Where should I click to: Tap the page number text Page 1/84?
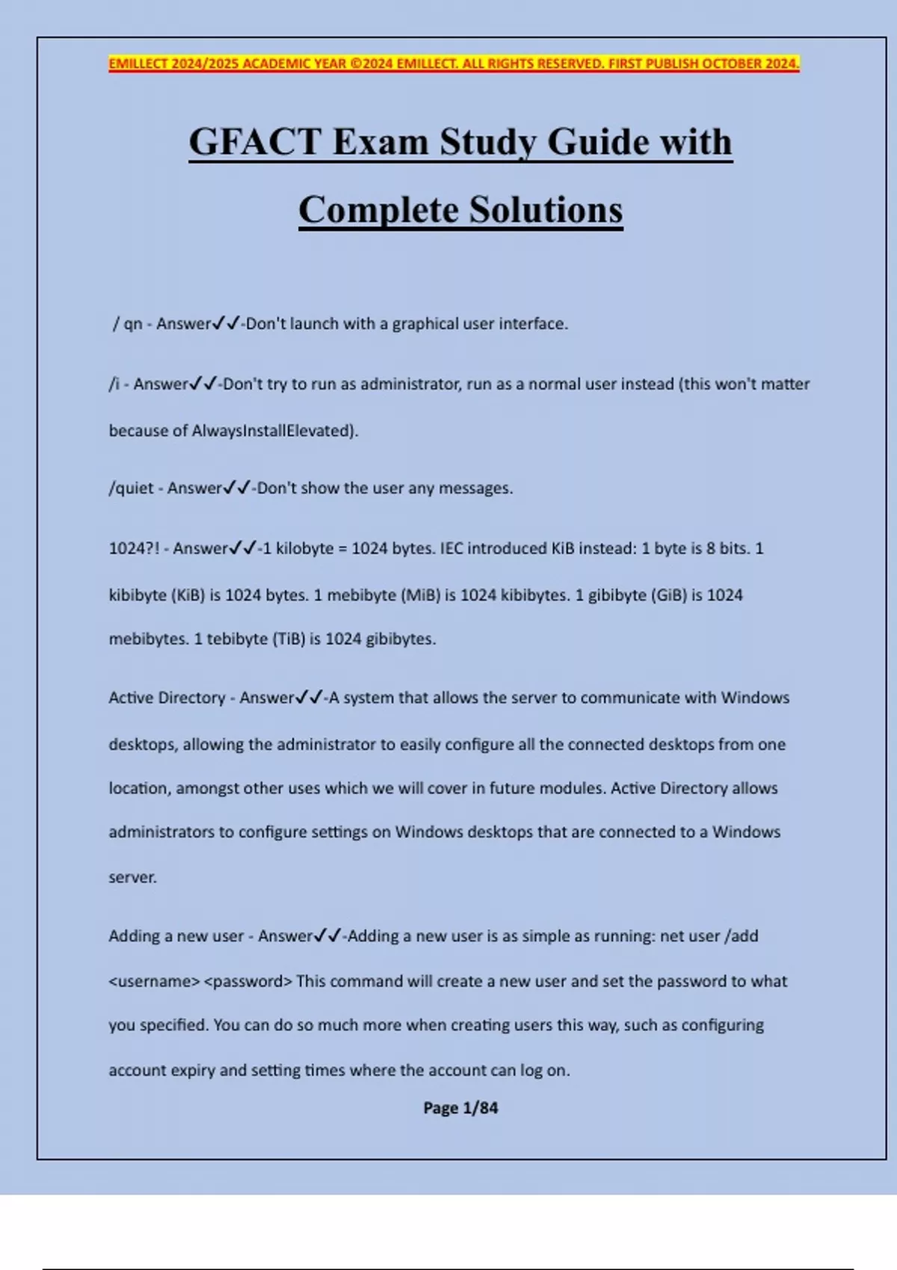pyautogui.click(x=460, y=1108)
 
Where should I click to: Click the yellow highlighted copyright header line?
pyautogui.click(x=454, y=63)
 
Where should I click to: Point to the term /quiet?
pyautogui.click(x=131, y=489)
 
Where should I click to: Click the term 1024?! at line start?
pyautogui.click(x=134, y=548)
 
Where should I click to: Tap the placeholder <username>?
pyautogui.click(x=154, y=982)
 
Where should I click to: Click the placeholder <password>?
pyautogui.click(x=247, y=982)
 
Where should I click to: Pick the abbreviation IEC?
pyautogui.click(x=451, y=548)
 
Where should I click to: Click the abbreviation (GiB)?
pyautogui.click(x=668, y=595)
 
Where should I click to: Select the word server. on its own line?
pyautogui.click(x=132, y=878)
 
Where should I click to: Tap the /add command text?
pyautogui.click(x=742, y=936)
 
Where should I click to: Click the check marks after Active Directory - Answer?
pyautogui.click(x=309, y=698)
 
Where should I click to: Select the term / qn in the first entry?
pyautogui.click(x=127, y=324)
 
